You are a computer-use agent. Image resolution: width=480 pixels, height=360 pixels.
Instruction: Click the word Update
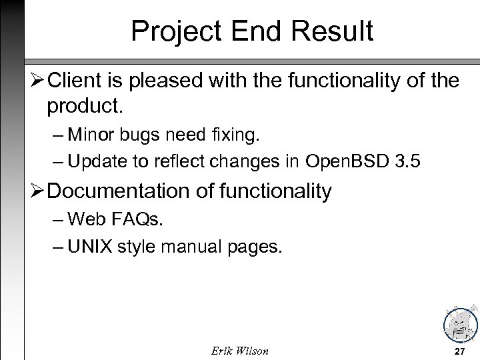(x=99, y=161)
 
